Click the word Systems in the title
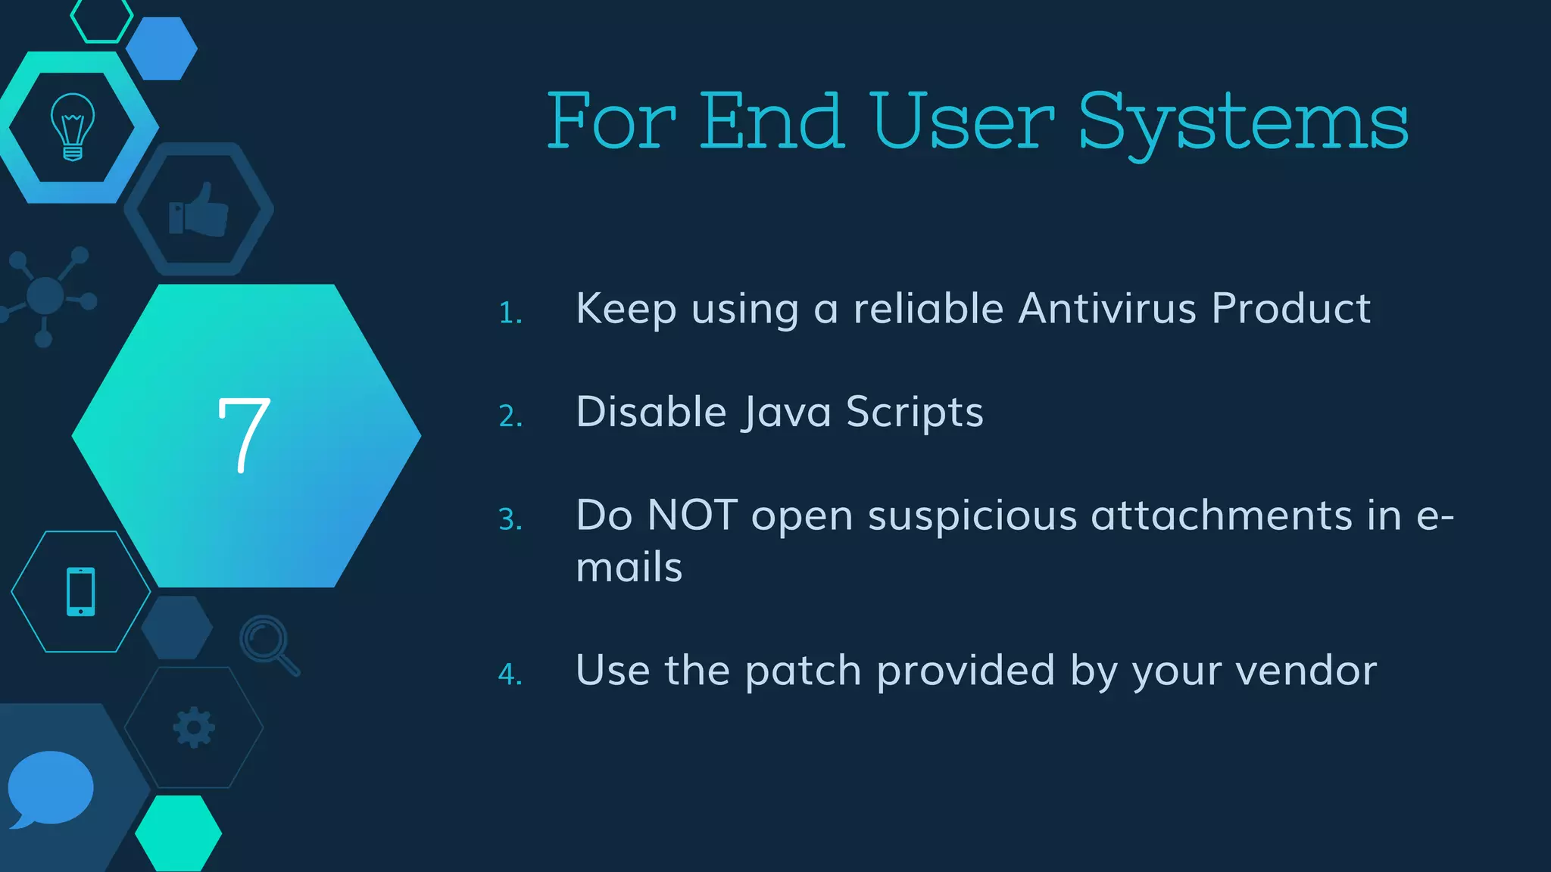click(x=1242, y=123)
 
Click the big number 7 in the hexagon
click(x=244, y=435)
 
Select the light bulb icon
click(x=73, y=126)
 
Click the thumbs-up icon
click(x=198, y=210)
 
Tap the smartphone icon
click(x=81, y=591)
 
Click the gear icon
click(x=194, y=727)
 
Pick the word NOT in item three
click(x=692, y=515)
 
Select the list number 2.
click(x=510, y=416)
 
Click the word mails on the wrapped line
click(x=629, y=568)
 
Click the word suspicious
click(x=972, y=516)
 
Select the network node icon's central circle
click(x=45, y=296)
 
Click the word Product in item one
click(x=1290, y=309)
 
